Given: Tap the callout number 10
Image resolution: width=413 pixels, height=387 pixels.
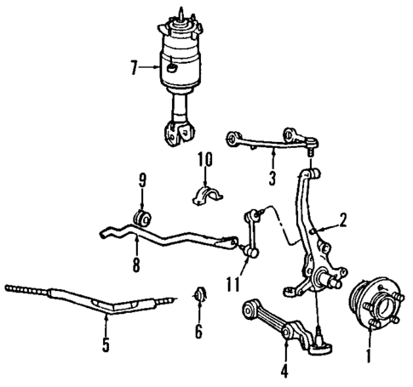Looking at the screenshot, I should pos(204,159).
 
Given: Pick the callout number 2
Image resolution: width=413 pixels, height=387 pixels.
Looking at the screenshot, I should pos(342,221).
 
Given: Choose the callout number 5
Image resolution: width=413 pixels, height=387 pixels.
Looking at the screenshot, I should pos(106,344).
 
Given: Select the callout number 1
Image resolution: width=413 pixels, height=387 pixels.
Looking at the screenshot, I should pos(368,348).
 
